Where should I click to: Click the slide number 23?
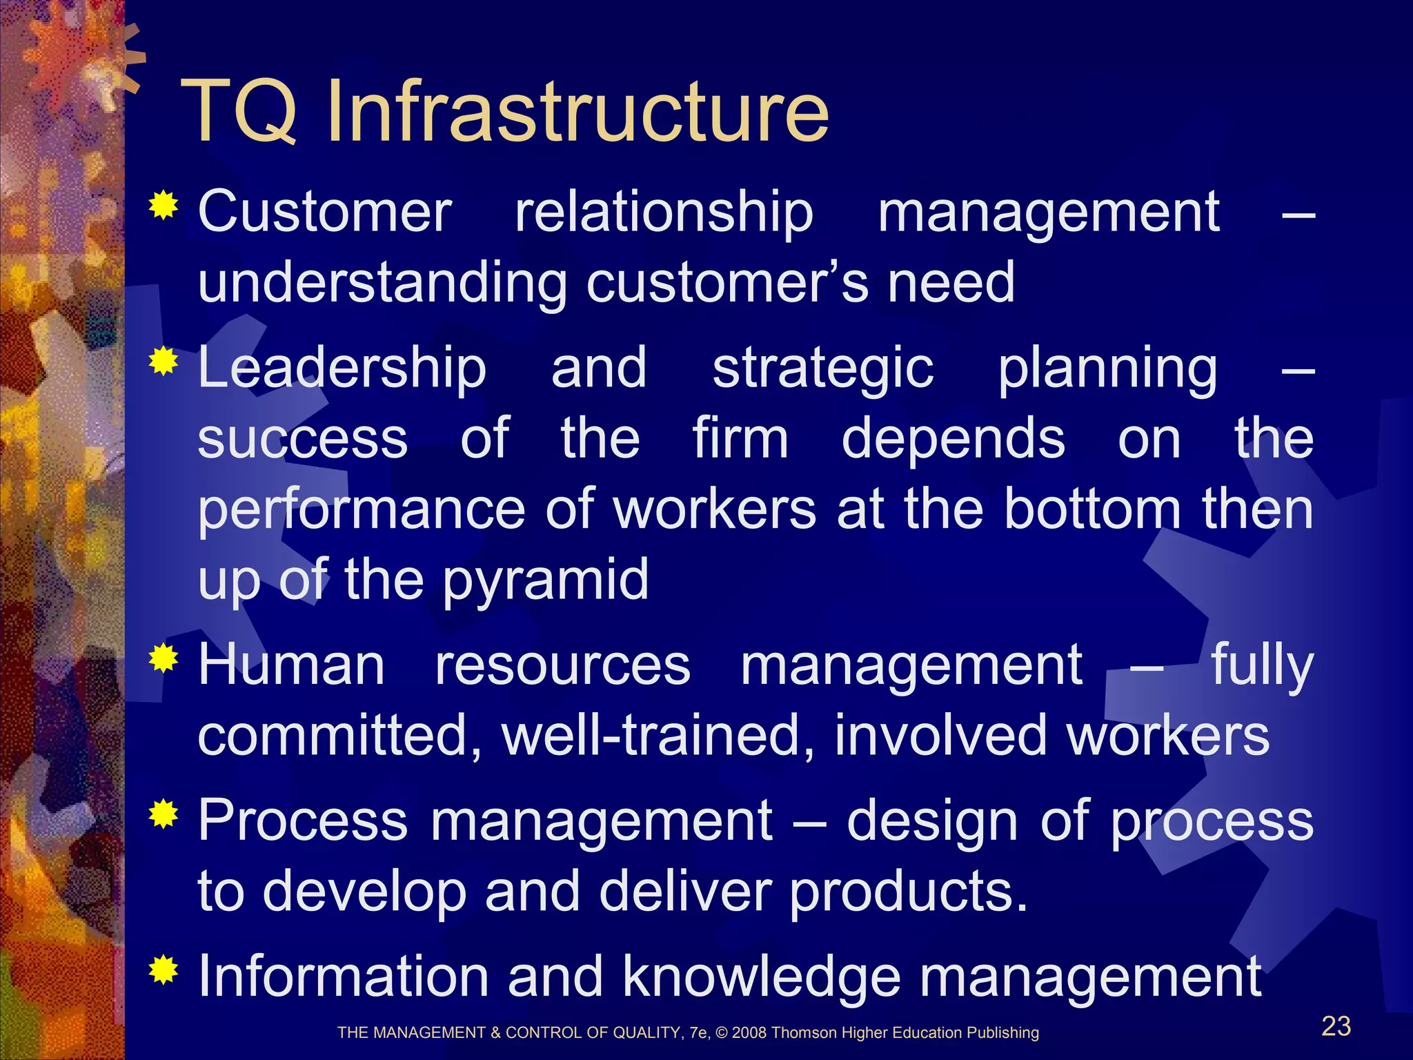coord(1336,1026)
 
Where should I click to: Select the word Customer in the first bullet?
coord(325,212)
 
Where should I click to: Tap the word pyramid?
coord(545,581)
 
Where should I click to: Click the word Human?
coord(291,665)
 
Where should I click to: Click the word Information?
coord(343,976)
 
